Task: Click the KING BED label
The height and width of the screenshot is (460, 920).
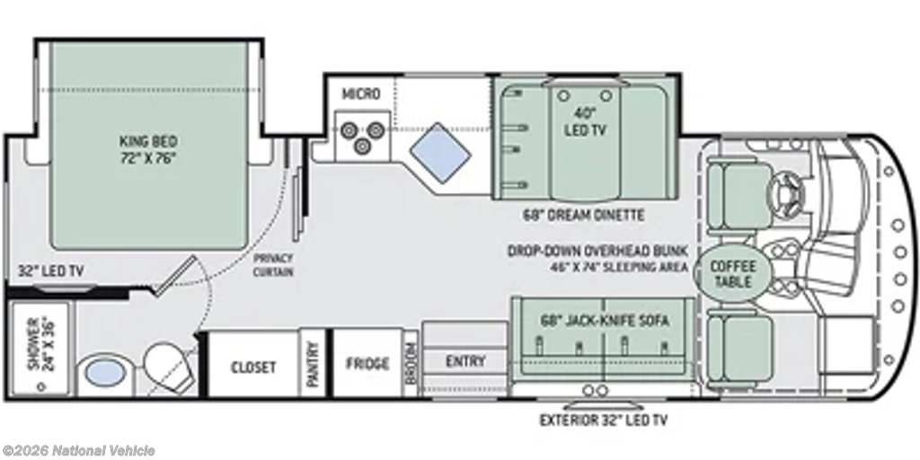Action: [148, 150]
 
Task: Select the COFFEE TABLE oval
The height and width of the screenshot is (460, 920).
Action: [733, 273]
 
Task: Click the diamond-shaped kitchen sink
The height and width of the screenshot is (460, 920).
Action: [440, 152]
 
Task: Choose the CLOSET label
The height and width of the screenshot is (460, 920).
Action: [252, 367]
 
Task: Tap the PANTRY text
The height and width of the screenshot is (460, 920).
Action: [313, 365]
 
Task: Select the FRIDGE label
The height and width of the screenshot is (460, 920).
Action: [367, 364]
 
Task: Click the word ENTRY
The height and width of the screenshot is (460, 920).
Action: [465, 361]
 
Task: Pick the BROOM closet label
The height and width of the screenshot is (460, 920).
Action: [411, 363]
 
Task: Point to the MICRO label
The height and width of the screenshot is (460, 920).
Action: [361, 93]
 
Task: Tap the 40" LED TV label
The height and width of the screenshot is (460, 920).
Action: [584, 122]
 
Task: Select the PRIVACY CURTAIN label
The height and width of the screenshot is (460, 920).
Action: [273, 265]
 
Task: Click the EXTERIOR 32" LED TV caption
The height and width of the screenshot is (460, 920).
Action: [603, 420]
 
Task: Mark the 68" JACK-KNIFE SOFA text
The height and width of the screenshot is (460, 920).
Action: [605, 321]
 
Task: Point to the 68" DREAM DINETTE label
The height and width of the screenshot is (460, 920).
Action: [583, 216]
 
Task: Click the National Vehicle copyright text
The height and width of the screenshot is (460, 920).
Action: [79, 451]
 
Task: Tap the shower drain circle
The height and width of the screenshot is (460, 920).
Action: [41, 386]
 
